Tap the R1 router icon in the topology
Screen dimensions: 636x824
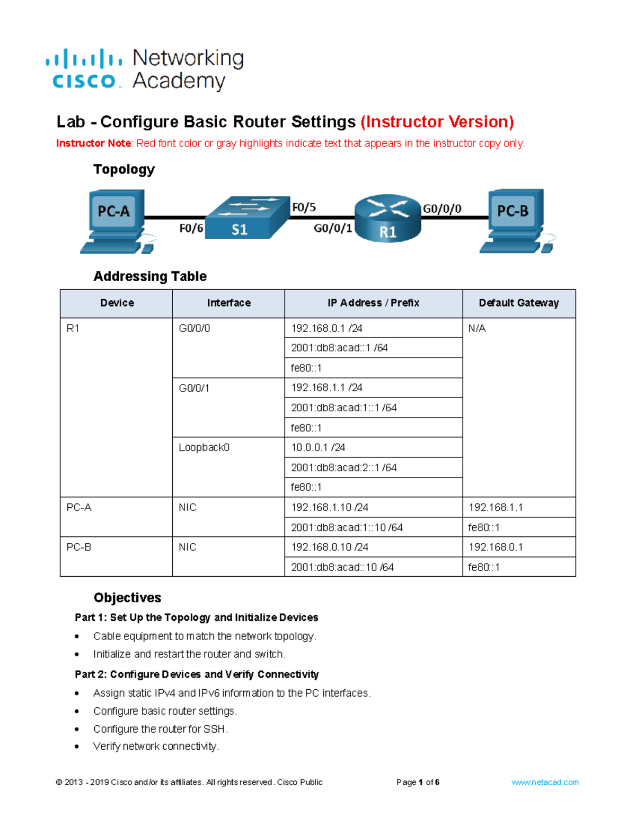pyautogui.click(x=387, y=218)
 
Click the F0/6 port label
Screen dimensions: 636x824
pyautogui.click(x=191, y=229)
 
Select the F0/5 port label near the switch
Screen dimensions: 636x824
pyautogui.click(x=304, y=207)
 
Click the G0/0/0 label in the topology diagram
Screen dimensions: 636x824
pyautogui.click(x=441, y=209)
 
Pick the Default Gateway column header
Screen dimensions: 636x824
pyautogui.click(x=518, y=303)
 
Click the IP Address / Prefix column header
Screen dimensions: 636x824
pyautogui.click(x=373, y=303)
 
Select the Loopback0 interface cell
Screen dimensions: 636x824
pyautogui.click(x=204, y=448)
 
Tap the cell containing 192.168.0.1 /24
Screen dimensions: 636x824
pyautogui.click(x=326, y=328)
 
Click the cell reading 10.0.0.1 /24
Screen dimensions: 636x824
pyautogui.click(x=318, y=448)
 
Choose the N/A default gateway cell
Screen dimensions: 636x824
pyautogui.click(x=477, y=328)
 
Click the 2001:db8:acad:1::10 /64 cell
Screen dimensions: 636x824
pyautogui.click(x=347, y=527)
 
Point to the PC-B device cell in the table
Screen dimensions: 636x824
pyautogui.click(x=79, y=547)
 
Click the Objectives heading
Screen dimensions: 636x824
pyautogui.click(x=127, y=597)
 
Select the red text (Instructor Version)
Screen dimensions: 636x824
pyautogui.click(x=437, y=122)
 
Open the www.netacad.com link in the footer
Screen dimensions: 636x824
pyautogui.click(x=544, y=782)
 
